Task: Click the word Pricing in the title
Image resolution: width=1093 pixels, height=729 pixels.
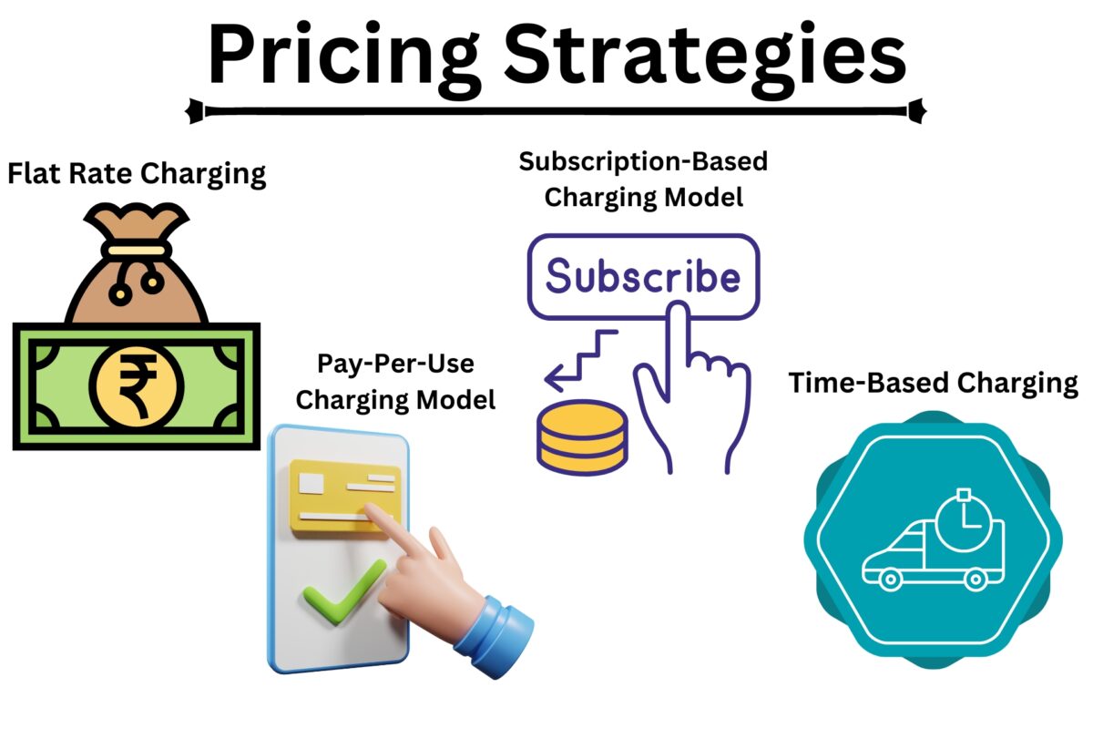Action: pyautogui.click(x=342, y=55)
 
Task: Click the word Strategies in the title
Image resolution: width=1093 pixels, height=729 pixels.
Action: pyautogui.click(x=706, y=55)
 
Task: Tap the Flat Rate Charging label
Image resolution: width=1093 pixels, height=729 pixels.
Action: pyautogui.click(x=137, y=173)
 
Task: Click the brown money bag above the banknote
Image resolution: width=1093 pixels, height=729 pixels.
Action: pyautogui.click(x=137, y=273)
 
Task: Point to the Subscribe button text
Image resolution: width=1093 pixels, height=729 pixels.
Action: pyautogui.click(x=642, y=276)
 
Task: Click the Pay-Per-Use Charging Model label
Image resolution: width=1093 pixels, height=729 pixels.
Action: pyautogui.click(x=396, y=382)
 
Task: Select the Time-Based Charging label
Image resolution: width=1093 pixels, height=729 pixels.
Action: pyautogui.click(x=932, y=383)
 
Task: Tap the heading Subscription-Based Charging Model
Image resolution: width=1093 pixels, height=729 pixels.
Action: pyautogui.click(x=643, y=179)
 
